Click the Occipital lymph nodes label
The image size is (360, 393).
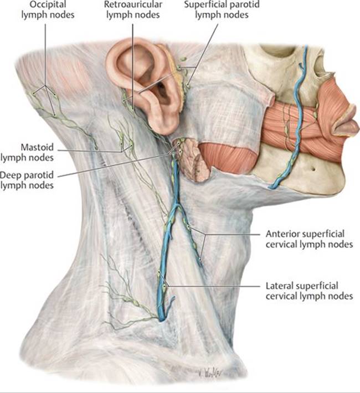coord(48,9)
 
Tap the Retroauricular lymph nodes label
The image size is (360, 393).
coord(133,9)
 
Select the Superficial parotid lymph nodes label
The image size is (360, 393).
coord(222,9)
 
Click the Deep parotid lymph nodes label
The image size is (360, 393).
coord(27,180)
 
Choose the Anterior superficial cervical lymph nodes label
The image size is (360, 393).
coord(309,239)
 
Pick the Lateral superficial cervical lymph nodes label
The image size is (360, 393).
coord(309,291)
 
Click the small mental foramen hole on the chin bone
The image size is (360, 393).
coord(313,169)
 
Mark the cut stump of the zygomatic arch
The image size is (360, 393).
coord(270,99)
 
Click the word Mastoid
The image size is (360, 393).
coord(37,147)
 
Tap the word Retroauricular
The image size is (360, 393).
coord(133,4)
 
